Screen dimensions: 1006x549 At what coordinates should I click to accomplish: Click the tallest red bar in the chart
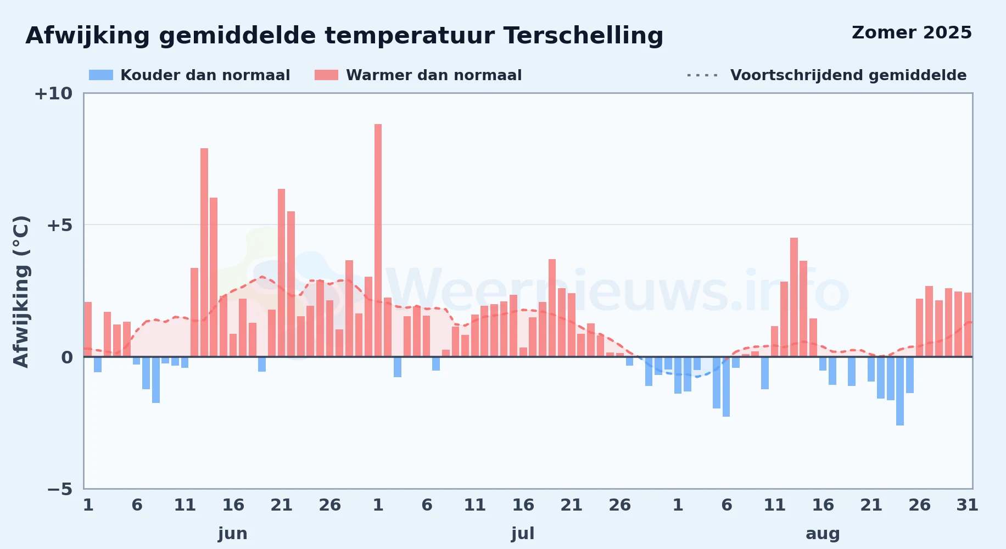[378, 240]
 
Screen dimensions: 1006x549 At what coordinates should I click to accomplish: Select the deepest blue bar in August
[900, 391]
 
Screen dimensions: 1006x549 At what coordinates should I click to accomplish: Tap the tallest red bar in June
[204, 253]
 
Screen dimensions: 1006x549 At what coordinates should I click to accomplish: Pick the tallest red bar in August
[794, 297]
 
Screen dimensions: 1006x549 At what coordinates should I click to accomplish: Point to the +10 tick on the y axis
[53, 94]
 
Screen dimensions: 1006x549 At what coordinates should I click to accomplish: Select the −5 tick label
[60, 489]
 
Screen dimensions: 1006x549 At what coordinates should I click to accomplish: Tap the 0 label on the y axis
[67, 357]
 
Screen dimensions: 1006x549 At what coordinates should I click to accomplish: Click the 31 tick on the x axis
[968, 505]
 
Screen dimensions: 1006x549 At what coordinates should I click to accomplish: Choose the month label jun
[233, 534]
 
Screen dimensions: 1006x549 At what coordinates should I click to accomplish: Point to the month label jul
[523, 534]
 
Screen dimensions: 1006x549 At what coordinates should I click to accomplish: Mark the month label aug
[823, 534]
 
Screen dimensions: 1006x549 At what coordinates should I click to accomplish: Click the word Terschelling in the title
[583, 36]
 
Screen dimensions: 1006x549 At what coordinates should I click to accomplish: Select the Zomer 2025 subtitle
[912, 33]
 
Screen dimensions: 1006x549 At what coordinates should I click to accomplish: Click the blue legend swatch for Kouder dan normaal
[101, 75]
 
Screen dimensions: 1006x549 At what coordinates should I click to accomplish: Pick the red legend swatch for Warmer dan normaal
[326, 75]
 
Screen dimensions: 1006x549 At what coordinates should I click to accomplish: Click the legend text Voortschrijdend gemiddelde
[848, 75]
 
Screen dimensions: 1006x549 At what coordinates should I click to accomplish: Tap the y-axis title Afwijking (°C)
[21, 292]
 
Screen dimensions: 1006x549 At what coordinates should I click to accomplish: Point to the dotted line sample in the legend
[702, 75]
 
